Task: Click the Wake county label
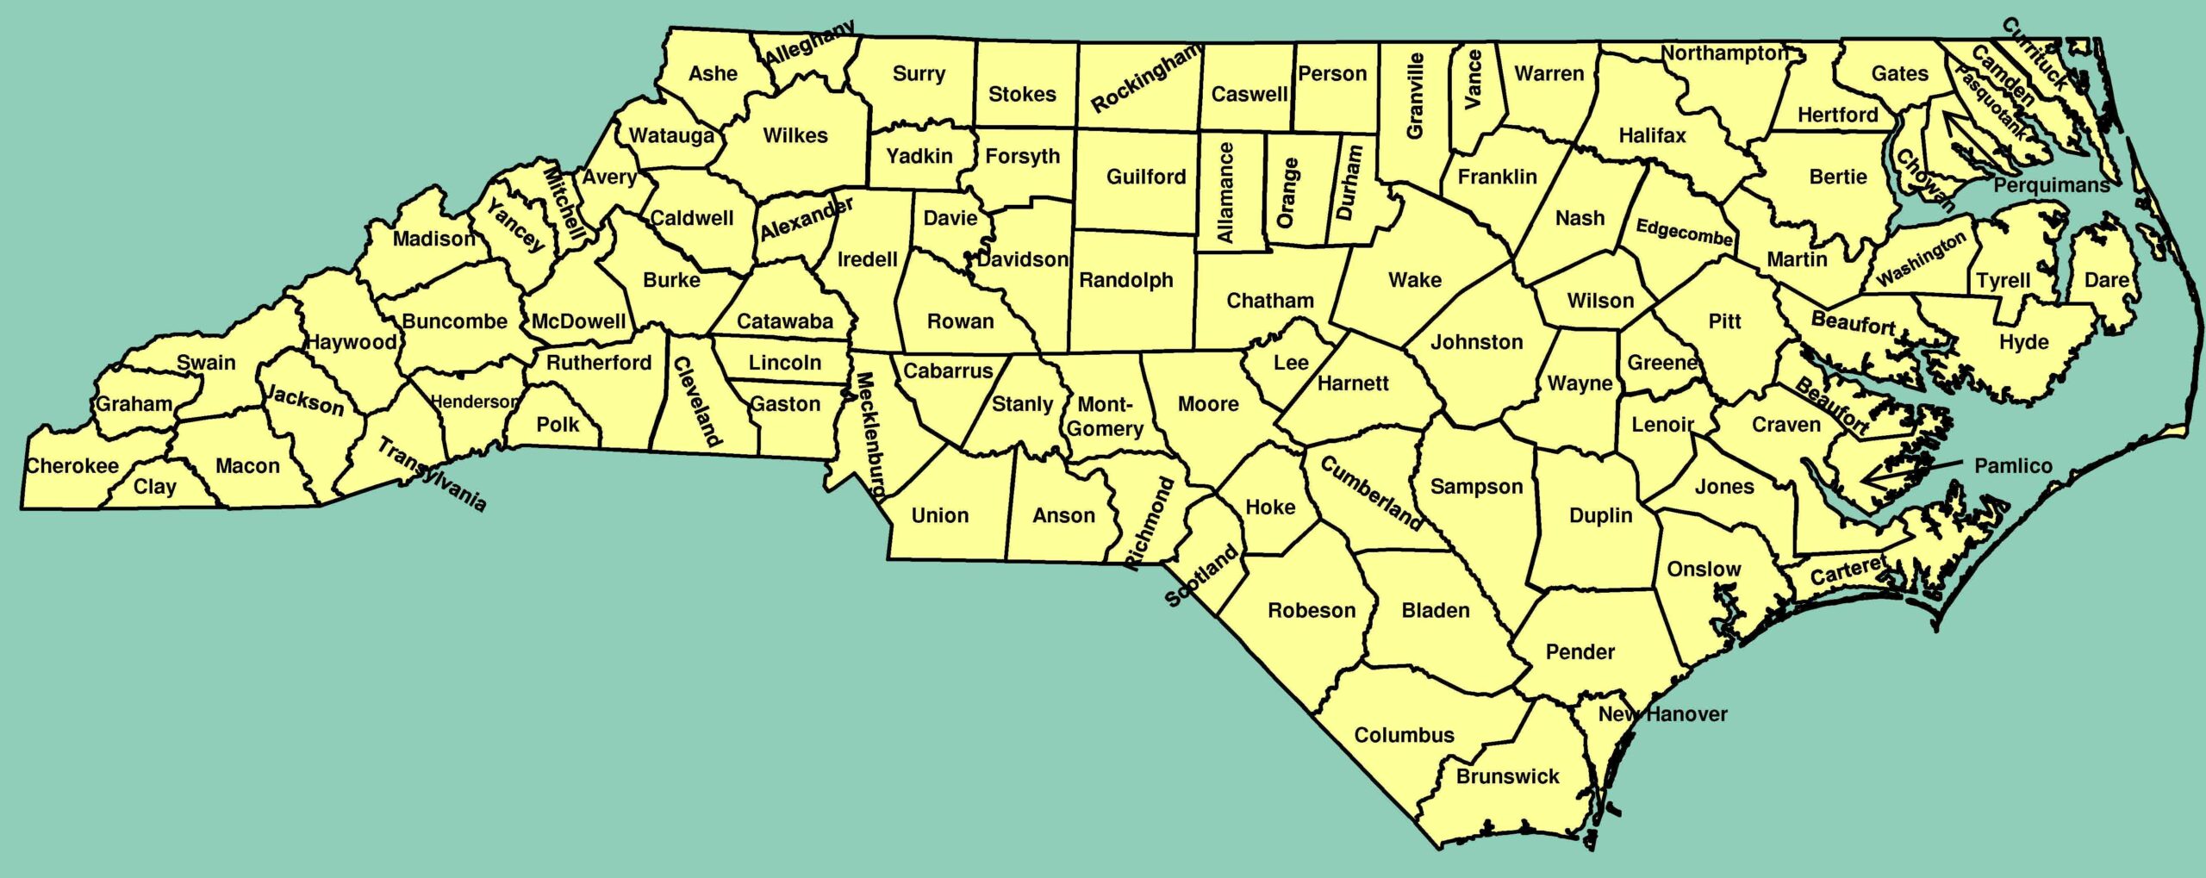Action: click(x=1414, y=280)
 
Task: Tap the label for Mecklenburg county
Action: click(x=869, y=436)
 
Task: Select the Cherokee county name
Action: click(x=72, y=466)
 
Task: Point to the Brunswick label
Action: click(x=1507, y=776)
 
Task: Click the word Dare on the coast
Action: click(x=2106, y=280)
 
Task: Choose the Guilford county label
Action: click(x=1146, y=177)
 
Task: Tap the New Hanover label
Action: click(x=1662, y=713)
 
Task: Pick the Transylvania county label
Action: click(x=432, y=474)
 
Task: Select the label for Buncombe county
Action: click(x=454, y=321)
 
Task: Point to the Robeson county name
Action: click(x=1312, y=611)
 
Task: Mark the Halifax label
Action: click(x=1652, y=135)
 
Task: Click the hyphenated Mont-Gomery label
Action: click(x=1105, y=416)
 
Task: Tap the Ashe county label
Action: click(x=713, y=74)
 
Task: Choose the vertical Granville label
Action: click(x=1415, y=95)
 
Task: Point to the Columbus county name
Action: click(x=1404, y=735)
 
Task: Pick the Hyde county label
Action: click(x=2023, y=342)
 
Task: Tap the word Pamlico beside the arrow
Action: click(x=2013, y=466)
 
